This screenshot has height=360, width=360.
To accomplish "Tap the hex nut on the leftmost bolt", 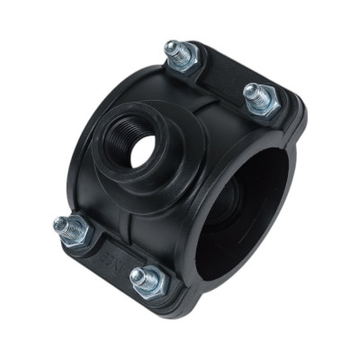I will (x=72, y=233).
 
